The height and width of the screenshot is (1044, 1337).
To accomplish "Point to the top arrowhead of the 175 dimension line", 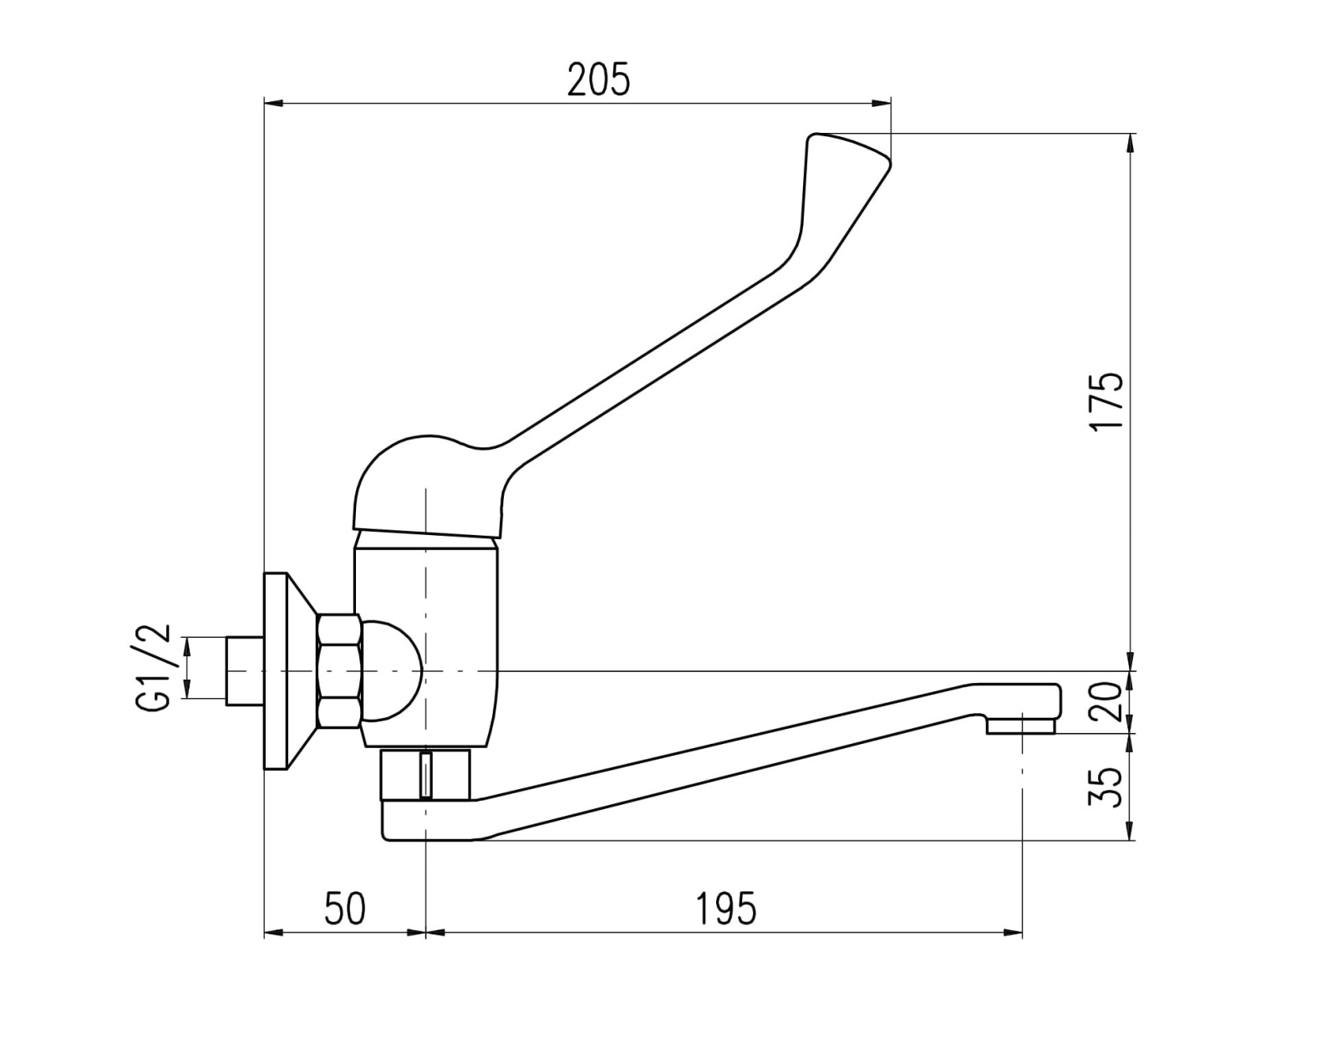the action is coord(1131,142).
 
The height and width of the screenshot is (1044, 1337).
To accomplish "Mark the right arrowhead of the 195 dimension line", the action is coord(1014,934).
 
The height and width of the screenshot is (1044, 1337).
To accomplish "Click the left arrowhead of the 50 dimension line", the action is coord(273,934).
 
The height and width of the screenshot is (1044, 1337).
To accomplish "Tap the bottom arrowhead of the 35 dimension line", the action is coord(1131,831).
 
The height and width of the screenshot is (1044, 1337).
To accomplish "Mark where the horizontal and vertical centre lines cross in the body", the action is coord(426,670).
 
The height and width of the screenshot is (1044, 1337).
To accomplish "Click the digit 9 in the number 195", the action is coord(725,909).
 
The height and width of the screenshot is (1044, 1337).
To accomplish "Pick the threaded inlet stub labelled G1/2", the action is coord(245,670).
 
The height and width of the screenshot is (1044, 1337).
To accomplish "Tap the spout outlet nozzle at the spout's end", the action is coord(1021,726).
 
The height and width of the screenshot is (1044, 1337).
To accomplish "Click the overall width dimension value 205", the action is coord(598,79).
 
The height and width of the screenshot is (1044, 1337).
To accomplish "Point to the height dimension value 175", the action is coord(1106,402).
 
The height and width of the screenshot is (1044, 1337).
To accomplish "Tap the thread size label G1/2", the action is coord(151,668).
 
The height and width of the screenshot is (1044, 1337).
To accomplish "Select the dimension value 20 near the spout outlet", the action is coord(1106,702).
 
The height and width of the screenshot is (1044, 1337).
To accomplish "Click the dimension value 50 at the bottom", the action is coord(344,909).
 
